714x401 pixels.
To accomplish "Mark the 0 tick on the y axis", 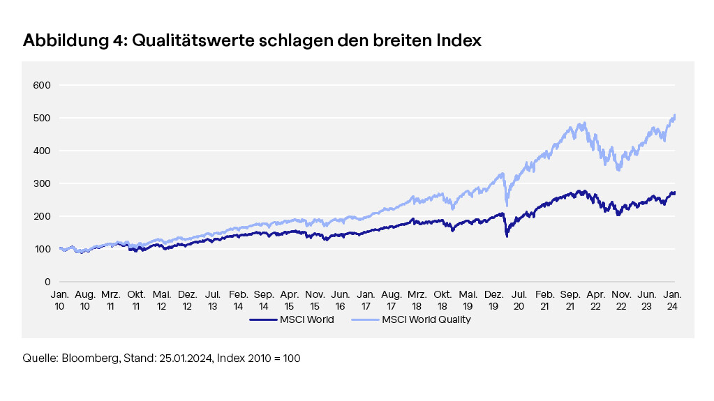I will click(x=48, y=282).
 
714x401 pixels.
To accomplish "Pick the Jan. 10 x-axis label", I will click(x=59, y=300).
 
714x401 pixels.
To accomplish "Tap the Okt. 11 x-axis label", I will click(x=136, y=300).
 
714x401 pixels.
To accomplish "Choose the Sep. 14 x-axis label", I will click(x=264, y=300).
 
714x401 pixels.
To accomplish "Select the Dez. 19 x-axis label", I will click(x=493, y=300).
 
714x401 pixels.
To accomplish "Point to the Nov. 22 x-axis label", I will click(x=620, y=300).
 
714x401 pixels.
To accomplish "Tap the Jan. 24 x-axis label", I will click(x=671, y=300).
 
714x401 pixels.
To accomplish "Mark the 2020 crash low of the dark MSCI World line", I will click(x=506, y=236).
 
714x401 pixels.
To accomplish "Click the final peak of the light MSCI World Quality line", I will click(x=674, y=115).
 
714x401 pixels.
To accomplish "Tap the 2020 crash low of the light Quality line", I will click(x=506, y=204).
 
